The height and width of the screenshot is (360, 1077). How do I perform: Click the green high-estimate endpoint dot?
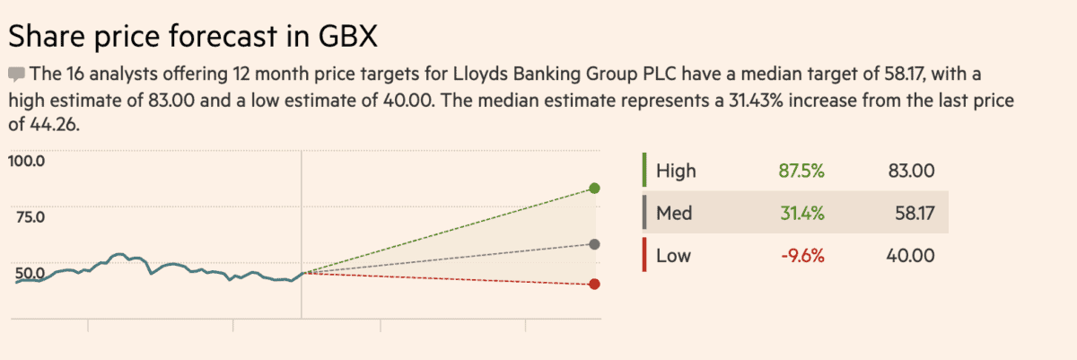[x=594, y=188]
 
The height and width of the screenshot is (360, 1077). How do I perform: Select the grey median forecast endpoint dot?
[x=594, y=244]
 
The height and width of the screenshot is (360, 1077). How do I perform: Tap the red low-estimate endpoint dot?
[x=594, y=285]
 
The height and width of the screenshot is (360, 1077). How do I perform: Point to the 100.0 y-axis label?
[x=26, y=162]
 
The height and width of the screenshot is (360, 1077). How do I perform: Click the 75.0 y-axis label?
[x=26, y=216]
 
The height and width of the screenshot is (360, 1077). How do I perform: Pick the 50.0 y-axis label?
[x=26, y=272]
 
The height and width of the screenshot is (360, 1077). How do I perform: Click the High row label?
[x=676, y=171]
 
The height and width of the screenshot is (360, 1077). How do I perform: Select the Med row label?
[x=673, y=214]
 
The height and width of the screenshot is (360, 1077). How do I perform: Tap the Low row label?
[x=673, y=256]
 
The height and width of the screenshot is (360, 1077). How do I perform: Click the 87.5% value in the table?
[x=801, y=171]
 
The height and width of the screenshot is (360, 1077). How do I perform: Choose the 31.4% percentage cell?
[x=801, y=214]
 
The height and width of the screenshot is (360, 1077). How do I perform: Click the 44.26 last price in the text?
[x=54, y=126]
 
